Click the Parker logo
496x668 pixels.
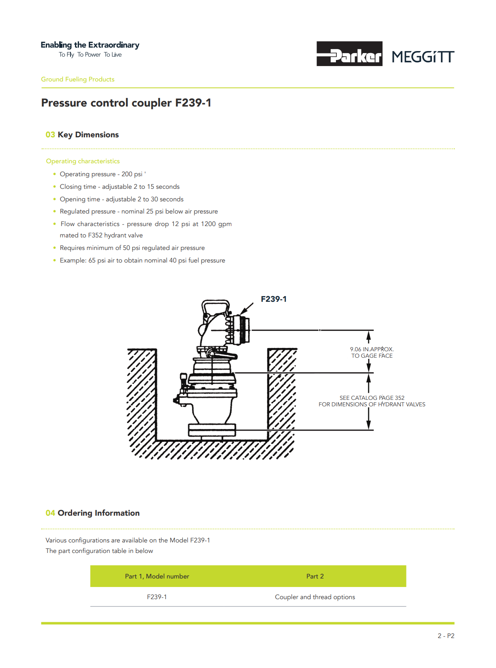tap(349, 54)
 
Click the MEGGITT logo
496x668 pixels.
tap(423, 57)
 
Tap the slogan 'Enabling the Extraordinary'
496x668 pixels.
tap(90, 45)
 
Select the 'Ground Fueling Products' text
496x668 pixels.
tap(78, 79)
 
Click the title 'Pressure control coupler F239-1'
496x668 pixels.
tap(126, 103)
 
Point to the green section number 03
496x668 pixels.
tap(50, 135)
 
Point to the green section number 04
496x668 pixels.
tap(50, 513)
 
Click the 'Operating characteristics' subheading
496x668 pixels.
tap(83, 161)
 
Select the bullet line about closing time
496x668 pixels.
tap(120, 187)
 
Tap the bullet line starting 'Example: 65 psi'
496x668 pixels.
tap(142, 260)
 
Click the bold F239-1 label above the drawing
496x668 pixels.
tap(274, 299)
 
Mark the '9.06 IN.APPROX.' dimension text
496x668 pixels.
tap(372, 349)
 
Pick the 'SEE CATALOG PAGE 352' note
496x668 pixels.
tap(372, 398)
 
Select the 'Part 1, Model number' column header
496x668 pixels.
tap(157, 576)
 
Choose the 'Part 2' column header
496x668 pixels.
tap(315, 576)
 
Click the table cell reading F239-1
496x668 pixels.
tap(157, 597)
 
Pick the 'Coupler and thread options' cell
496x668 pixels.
tap(315, 597)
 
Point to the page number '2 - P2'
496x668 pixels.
tap(446, 636)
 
